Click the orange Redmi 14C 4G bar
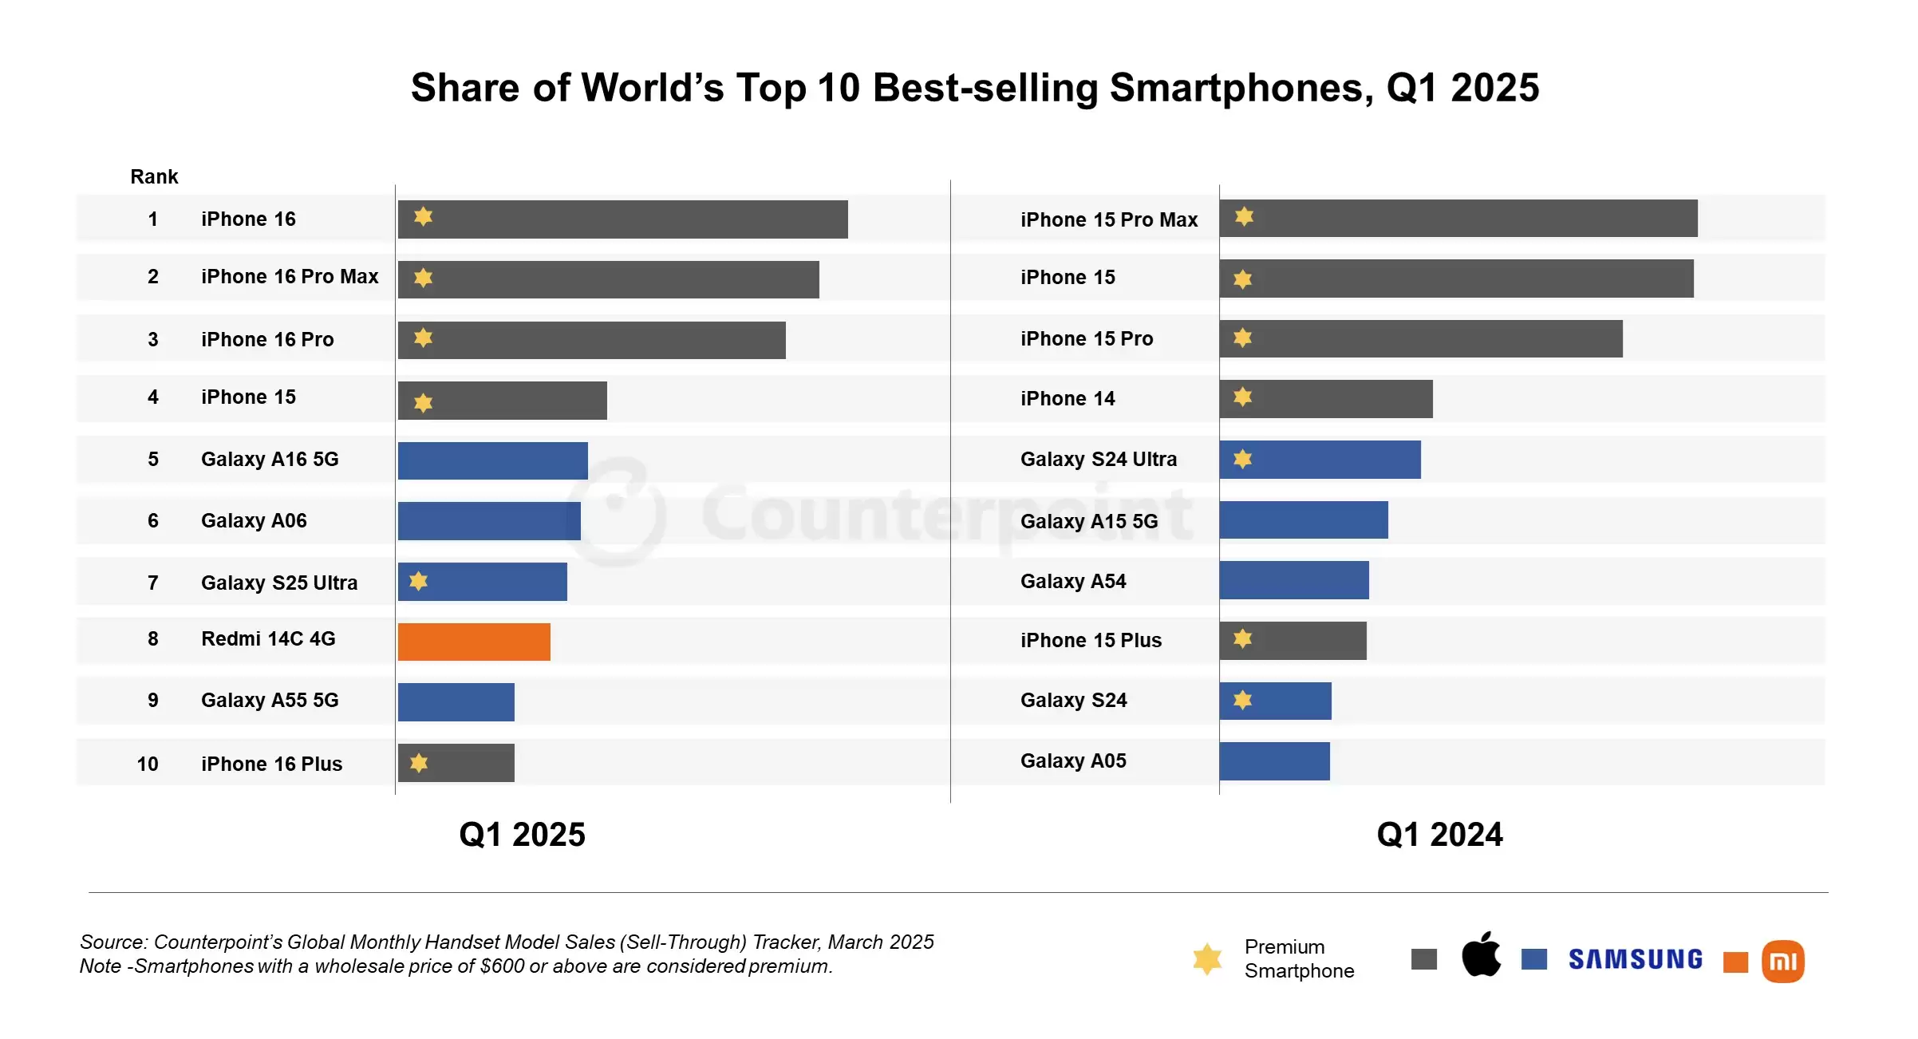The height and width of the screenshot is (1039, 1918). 474,642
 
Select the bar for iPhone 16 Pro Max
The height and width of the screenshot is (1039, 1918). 608,279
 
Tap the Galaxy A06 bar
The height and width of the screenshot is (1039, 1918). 489,521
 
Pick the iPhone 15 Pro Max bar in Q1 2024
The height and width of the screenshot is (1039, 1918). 1458,218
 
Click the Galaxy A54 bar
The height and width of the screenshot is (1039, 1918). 1293,580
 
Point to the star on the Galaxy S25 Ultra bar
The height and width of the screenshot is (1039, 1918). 419,581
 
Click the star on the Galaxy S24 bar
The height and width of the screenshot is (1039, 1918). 1242,700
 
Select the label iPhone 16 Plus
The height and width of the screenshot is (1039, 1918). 271,764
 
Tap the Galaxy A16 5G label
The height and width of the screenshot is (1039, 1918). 270,459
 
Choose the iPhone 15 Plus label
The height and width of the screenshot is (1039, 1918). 1091,640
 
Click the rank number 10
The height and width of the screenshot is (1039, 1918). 148,764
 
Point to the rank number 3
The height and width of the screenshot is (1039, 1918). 153,339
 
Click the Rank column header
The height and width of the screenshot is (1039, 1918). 154,176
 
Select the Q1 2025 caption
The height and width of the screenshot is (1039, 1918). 522,835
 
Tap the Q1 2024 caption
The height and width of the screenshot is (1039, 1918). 1439,835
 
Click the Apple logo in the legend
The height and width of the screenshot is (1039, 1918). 1481,954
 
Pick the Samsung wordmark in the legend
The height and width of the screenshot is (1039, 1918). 1635,958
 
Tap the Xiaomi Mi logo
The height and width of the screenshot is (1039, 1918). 1783,961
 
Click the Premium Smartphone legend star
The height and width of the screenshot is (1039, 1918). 1207,958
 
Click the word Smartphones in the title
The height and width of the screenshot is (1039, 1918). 1241,88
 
